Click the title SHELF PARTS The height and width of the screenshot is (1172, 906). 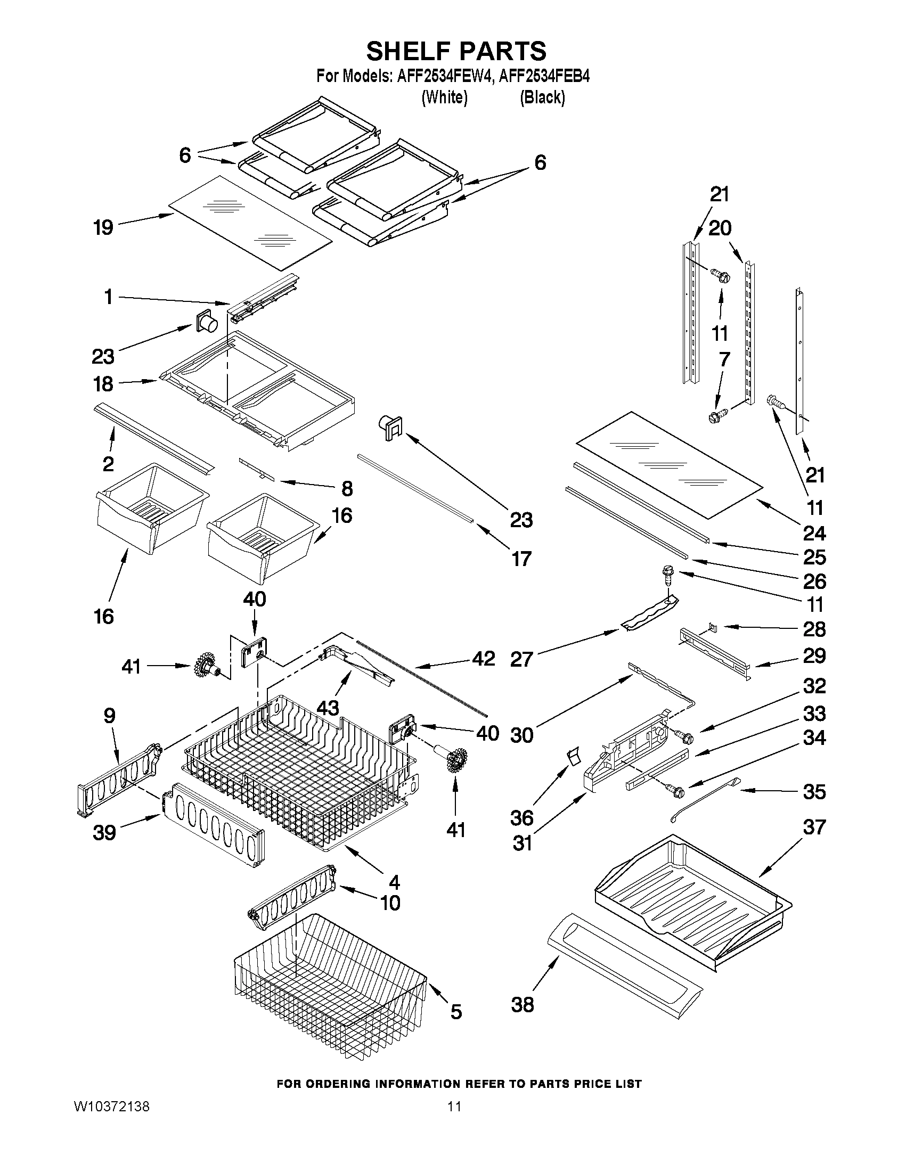tap(456, 51)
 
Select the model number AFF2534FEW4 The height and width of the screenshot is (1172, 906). tap(444, 76)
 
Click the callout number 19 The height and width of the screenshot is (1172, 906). tap(103, 228)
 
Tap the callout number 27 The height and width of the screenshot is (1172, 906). tap(521, 659)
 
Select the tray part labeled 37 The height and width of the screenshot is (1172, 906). tap(692, 901)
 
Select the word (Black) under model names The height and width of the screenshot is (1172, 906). tap(542, 97)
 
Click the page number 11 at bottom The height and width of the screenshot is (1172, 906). tap(455, 1151)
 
